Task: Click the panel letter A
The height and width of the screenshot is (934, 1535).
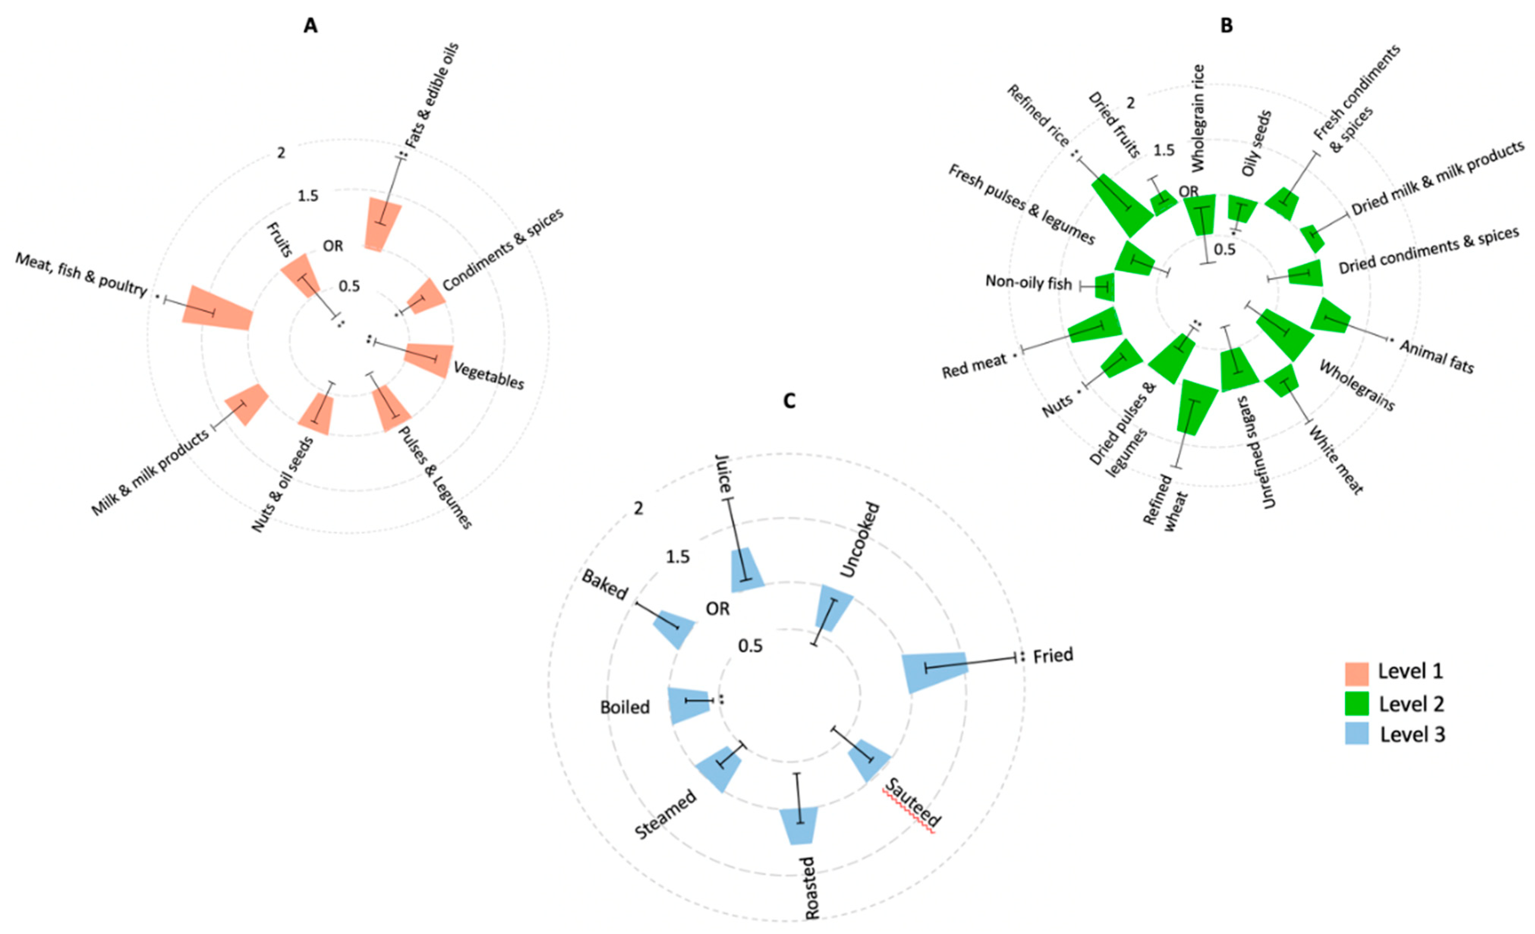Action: (x=310, y=26)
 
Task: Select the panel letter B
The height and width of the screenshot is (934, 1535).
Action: (x=1226, y=26)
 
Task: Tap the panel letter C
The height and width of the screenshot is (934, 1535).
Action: (x=789, y=401)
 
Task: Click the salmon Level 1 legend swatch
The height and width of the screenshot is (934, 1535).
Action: (x=1356, y=673)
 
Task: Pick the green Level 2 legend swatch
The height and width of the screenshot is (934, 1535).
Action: (x=1356, y=704)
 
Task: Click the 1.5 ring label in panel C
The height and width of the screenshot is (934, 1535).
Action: (x=678, y=557)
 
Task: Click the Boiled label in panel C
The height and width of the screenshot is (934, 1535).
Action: (x=625, y=707)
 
